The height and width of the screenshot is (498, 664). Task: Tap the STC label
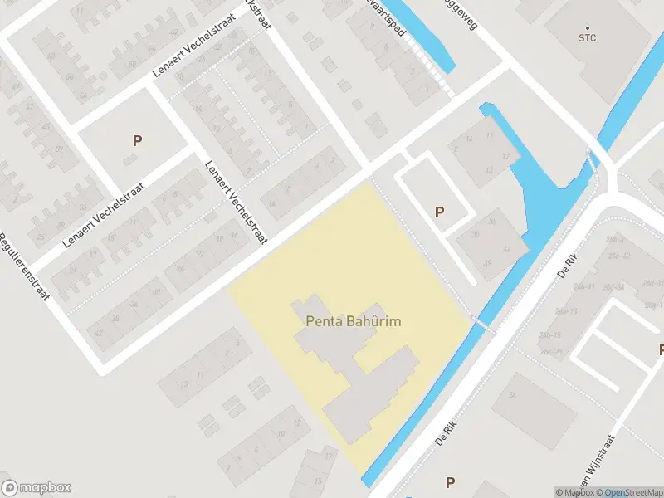click(588, 37)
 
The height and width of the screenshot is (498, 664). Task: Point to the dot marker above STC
click(588, 27)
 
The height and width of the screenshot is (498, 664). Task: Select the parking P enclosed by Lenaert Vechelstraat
click(137, 140)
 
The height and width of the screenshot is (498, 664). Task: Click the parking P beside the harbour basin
click(439, 212)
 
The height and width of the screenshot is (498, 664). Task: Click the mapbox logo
click(37, 488)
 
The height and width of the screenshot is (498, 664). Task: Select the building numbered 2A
click(512, 395)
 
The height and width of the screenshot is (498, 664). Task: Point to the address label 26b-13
click(568, 310)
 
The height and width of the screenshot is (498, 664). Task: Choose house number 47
click(32, 105)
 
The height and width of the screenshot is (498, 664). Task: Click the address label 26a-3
click(616, 239)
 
